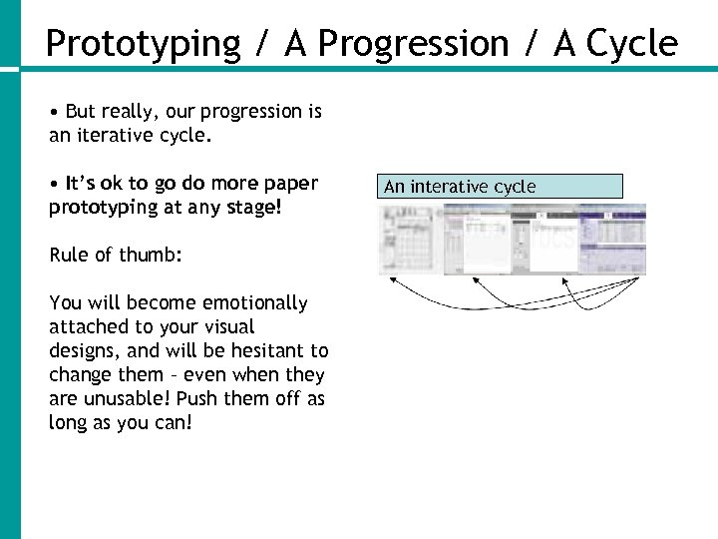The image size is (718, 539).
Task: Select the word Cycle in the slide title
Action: point(632,44)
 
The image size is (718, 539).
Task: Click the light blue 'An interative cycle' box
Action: point(503,187)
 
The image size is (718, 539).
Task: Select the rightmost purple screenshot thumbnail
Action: point(612,240)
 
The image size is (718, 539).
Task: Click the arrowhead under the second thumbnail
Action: point(471,280)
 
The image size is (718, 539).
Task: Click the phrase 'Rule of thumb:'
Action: point(116,255)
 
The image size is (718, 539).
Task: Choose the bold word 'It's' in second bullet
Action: point(79,183)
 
